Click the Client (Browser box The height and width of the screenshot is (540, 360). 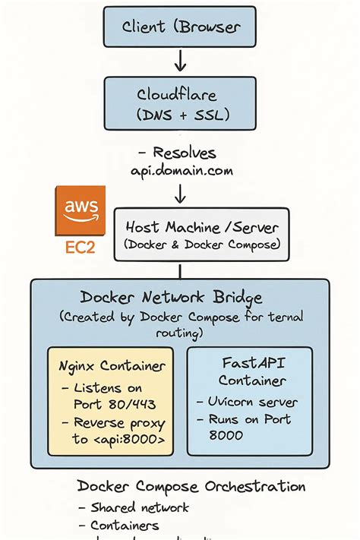click(182, 28)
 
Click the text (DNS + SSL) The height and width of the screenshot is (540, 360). click(182, 115)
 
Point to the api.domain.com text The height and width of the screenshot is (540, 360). click(182, 171)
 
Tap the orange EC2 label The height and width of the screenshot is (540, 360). click(80, 248)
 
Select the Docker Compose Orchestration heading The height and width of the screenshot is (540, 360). click(191, 486)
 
